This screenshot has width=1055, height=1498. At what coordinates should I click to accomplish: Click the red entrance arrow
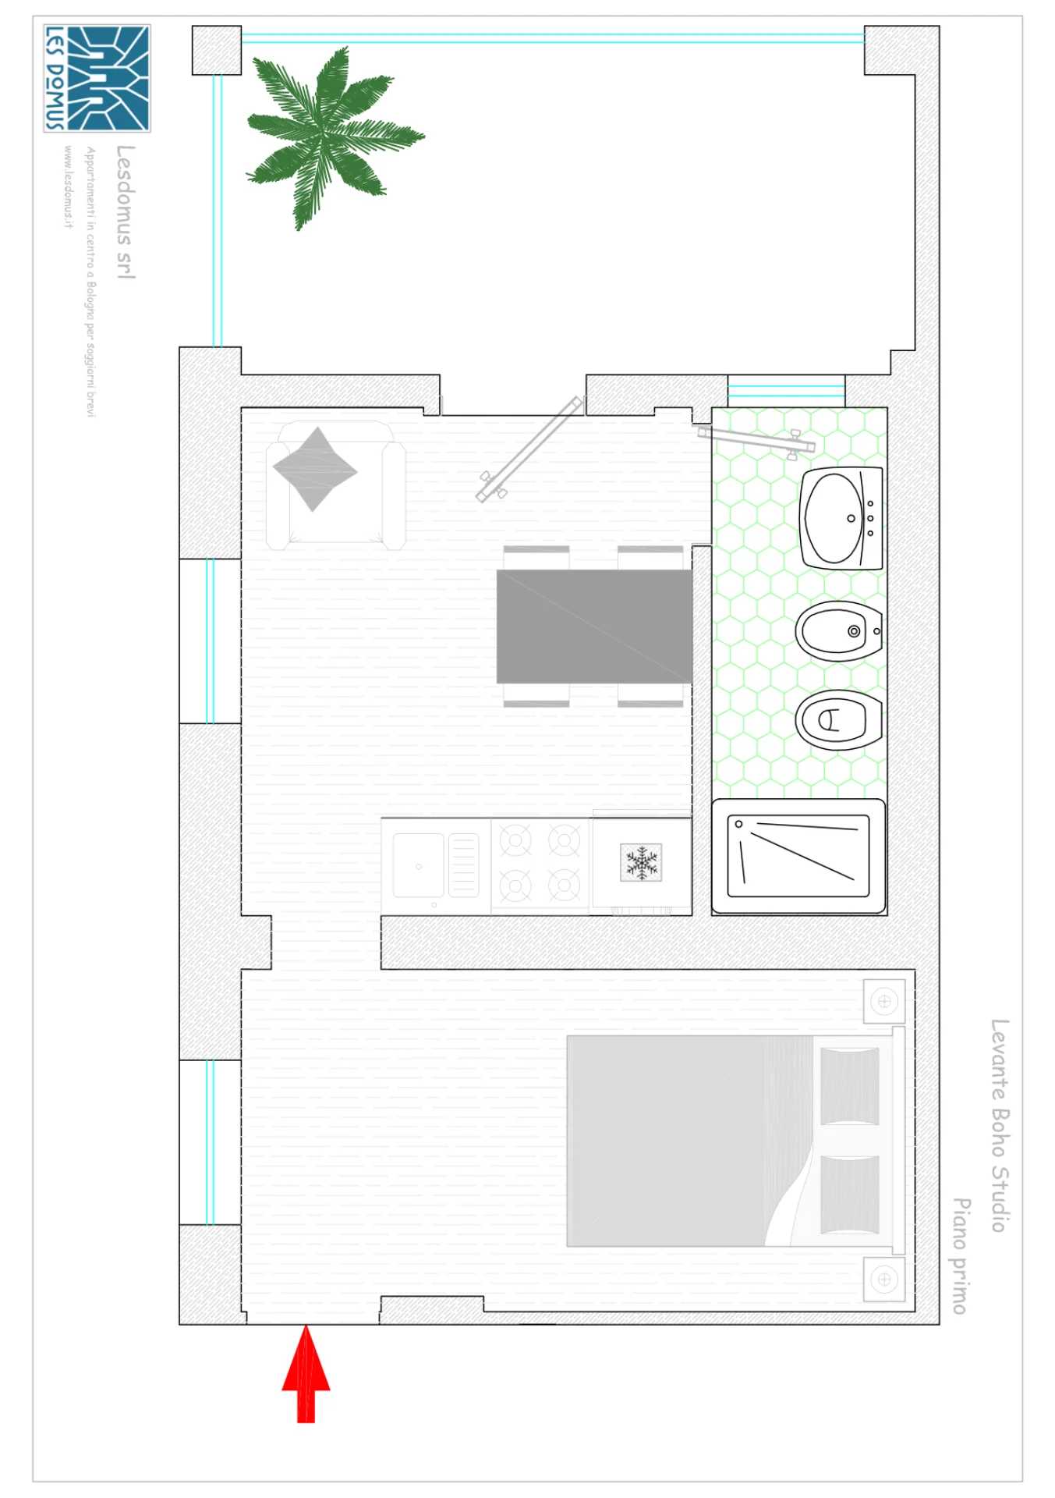coord(306,1374)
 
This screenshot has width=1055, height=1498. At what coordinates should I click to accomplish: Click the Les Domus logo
coord(97,78)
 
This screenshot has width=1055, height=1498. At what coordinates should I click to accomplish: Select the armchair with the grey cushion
coord(335,485)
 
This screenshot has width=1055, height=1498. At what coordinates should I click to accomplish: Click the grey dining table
coord(594,627)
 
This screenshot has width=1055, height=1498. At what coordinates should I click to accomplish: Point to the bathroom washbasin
coord(841,518)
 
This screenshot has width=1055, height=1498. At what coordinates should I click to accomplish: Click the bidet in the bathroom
coord(839,630)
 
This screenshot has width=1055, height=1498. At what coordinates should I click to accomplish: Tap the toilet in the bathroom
coord(839,719)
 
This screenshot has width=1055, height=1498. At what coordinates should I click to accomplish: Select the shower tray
coord(798,856)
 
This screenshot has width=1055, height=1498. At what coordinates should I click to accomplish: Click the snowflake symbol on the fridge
coord(641,862)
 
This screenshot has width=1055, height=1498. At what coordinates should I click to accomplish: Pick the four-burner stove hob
coord(540,863)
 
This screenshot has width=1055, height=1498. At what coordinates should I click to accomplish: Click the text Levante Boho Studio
coord(999,1125)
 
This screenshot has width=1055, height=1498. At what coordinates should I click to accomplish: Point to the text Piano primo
coord(961,1256)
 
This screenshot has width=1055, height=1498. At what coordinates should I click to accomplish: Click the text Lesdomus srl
coord(125,211)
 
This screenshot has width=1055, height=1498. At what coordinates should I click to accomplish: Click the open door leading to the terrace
coord(530,449)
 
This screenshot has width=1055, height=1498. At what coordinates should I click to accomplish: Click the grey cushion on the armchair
coord(315,469)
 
